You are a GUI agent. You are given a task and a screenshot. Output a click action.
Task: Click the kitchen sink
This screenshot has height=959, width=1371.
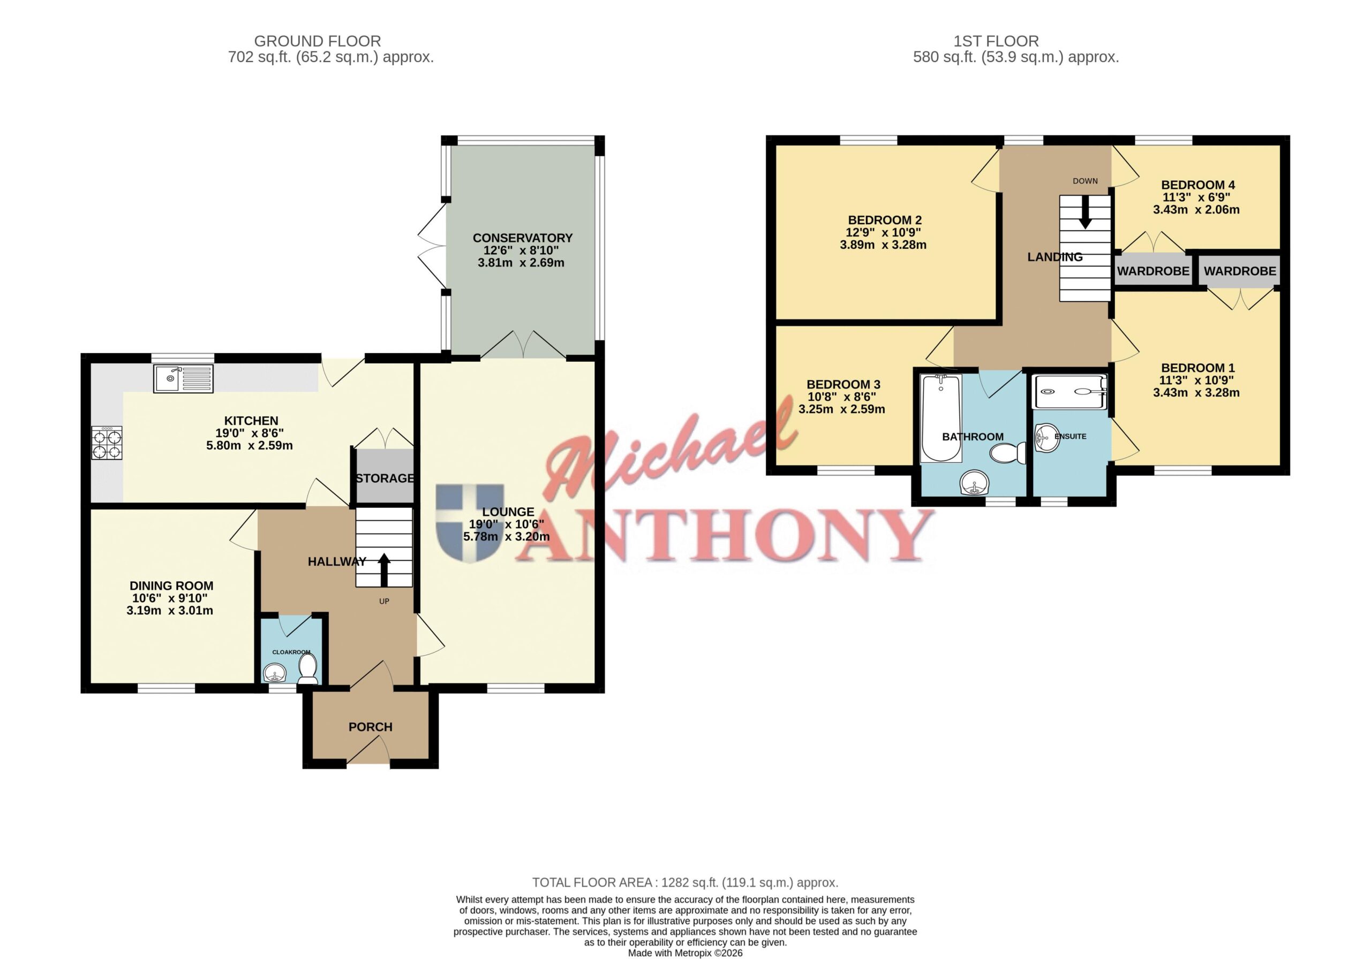[x=183, y=378]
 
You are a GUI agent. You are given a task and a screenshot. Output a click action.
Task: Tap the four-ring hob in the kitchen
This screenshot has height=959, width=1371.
[x=107, y=443]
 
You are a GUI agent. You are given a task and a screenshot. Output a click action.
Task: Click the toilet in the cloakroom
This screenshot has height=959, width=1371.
[x=307, y=669]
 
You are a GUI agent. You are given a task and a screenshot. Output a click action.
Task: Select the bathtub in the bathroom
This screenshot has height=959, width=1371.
[x=941, y=418]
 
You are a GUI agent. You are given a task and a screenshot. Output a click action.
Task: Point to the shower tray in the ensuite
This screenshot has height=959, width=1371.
[x=1070, y=392]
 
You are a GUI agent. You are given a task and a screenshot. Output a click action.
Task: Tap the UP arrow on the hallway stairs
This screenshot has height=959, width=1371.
[x=384, y=570]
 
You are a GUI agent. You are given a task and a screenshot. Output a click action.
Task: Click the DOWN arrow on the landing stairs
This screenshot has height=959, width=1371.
[x=1085, y=212]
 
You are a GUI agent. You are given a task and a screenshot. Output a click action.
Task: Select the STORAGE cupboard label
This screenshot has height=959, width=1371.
[x=385, y=478]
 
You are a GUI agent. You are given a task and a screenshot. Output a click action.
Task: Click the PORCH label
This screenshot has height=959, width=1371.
[x=370, y=727]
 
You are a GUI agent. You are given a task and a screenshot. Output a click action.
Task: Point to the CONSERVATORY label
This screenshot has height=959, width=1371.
[x=523, y=238]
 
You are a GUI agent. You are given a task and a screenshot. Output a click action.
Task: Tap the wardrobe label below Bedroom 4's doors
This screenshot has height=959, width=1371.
[x=1153, y=271]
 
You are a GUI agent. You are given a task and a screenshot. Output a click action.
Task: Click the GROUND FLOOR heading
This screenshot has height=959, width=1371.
[x=318, y=41]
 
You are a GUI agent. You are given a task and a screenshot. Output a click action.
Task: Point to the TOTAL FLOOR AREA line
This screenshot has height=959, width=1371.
[x=685, y=882]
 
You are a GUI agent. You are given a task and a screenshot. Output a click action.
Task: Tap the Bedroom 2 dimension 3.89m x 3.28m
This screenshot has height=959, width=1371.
[x=883, y=245]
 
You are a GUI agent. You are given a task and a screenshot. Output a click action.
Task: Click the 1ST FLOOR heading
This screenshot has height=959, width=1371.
[x=996, y=41]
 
